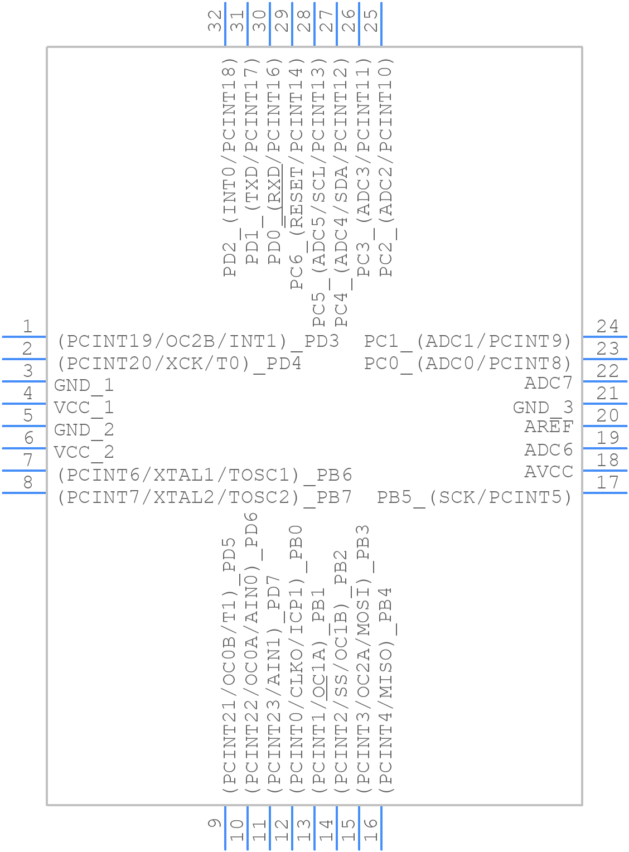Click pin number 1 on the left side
(27, 326)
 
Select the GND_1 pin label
(84, 385)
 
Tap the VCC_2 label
(84, 452)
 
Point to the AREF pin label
(548, 427)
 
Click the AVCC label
(548, 472)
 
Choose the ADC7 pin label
(548, 383)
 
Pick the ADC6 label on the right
(548, 449)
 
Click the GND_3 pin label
(543, 408)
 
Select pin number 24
(607, 326)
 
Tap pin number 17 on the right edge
(607, 482)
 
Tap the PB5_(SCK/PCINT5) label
(475, 497)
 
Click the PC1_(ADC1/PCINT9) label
(468, 341)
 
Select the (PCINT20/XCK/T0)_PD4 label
(180, 364)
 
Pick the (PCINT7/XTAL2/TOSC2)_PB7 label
(205, 497)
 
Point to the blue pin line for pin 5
(23, 426)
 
